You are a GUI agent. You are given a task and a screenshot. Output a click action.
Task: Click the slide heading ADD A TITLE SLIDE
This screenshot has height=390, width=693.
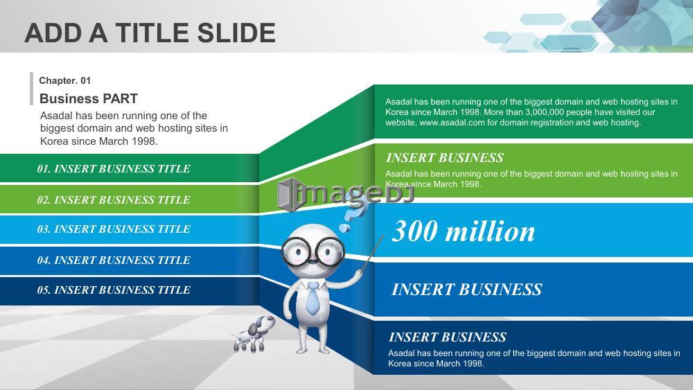click(150, 33)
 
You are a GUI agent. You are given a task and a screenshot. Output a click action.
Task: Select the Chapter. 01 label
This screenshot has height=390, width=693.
click(65, 80)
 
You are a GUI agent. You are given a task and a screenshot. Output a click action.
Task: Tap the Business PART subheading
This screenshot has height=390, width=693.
click(89, 98)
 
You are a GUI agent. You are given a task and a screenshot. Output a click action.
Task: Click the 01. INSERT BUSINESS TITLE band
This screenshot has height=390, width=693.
click(129, 168)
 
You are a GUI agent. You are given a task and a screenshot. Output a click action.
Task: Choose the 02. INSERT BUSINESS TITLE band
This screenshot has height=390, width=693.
click(129, 200)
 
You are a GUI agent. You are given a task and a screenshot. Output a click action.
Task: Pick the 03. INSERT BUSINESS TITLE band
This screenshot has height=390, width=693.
click(129, 229)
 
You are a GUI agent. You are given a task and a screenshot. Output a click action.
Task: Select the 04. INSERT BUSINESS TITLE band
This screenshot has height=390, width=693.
click(129, 260)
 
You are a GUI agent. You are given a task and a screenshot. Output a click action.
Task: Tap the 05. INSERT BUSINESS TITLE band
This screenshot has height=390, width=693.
click(129, 290)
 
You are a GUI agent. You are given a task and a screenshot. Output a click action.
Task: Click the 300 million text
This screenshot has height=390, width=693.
click(463, 231)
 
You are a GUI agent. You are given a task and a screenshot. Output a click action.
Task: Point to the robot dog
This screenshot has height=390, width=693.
click(254, 333)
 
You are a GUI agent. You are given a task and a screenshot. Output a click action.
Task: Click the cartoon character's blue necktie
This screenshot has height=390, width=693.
click(313, 298)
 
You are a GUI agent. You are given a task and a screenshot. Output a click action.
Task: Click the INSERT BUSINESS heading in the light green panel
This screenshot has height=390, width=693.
click(445, 158)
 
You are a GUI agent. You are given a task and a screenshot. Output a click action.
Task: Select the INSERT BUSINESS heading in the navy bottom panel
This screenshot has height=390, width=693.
click(447, 337)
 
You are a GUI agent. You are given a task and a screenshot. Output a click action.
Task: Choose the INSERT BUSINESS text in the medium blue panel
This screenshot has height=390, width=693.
click(466, 290)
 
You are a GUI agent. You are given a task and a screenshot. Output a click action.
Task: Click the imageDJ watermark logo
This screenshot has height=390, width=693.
click(345, 195)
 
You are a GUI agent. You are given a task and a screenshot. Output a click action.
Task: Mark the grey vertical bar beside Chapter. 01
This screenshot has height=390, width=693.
click(31, 89)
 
